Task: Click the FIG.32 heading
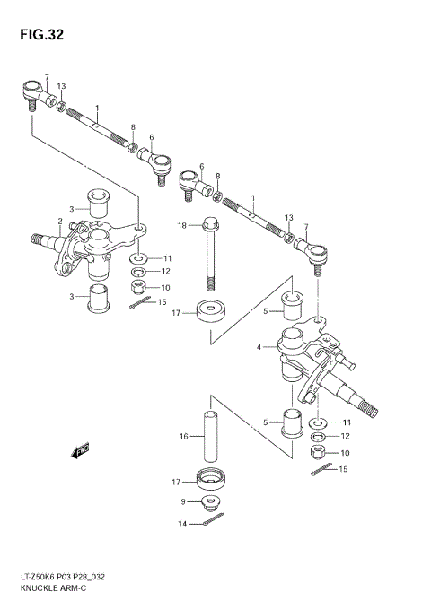coord(41,35)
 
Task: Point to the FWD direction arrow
coord(80,450)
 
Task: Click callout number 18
coord(182,225)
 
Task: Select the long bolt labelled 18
coord(210,254)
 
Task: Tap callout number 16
coord(183,437)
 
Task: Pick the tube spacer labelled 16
coord(210,438)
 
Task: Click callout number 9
coord(183,501)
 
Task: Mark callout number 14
coord(182,524)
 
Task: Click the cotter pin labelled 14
coord(214,519)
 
